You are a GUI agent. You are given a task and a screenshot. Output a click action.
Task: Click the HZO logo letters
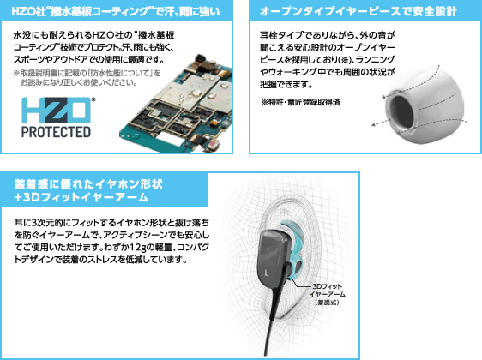(57, 111)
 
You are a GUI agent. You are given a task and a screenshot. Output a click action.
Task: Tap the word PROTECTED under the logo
(57, 132)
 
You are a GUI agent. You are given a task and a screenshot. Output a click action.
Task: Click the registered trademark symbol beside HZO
(93, 99)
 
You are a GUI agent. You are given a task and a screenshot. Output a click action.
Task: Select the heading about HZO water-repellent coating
(116, 12)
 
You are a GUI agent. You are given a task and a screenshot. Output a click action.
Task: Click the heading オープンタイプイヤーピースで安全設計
(358, 12)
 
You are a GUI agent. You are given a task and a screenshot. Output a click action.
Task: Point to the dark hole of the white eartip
(402, 112)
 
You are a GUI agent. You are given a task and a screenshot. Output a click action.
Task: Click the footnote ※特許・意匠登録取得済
(301, 102)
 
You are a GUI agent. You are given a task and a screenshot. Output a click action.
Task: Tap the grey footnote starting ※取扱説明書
(87, 78)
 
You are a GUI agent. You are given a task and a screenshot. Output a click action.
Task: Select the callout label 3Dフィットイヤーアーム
(327, 294)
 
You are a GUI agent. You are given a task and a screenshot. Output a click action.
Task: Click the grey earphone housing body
(274, 257)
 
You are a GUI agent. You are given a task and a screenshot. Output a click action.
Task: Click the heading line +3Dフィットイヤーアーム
(81, 197)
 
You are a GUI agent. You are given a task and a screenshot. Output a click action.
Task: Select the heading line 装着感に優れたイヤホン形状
(88, 184)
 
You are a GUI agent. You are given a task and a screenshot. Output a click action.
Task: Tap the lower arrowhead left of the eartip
(374, 124)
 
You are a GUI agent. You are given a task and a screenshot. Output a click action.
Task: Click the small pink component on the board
(213, 144)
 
